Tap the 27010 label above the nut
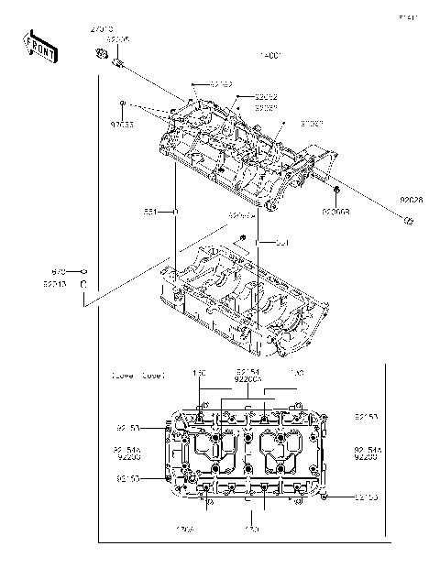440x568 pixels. click(102, 30)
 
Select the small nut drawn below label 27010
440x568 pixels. click(101, 58)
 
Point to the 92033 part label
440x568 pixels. click(122, 123)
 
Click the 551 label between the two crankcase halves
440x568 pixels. click(282, 243)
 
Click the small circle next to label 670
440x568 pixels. click(82, 272)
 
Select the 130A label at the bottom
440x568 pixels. click(184, 530)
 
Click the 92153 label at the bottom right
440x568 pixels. click(367, 497)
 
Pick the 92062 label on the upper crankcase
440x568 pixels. click(266, 96)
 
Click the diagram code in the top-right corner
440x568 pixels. click(407, 17)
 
